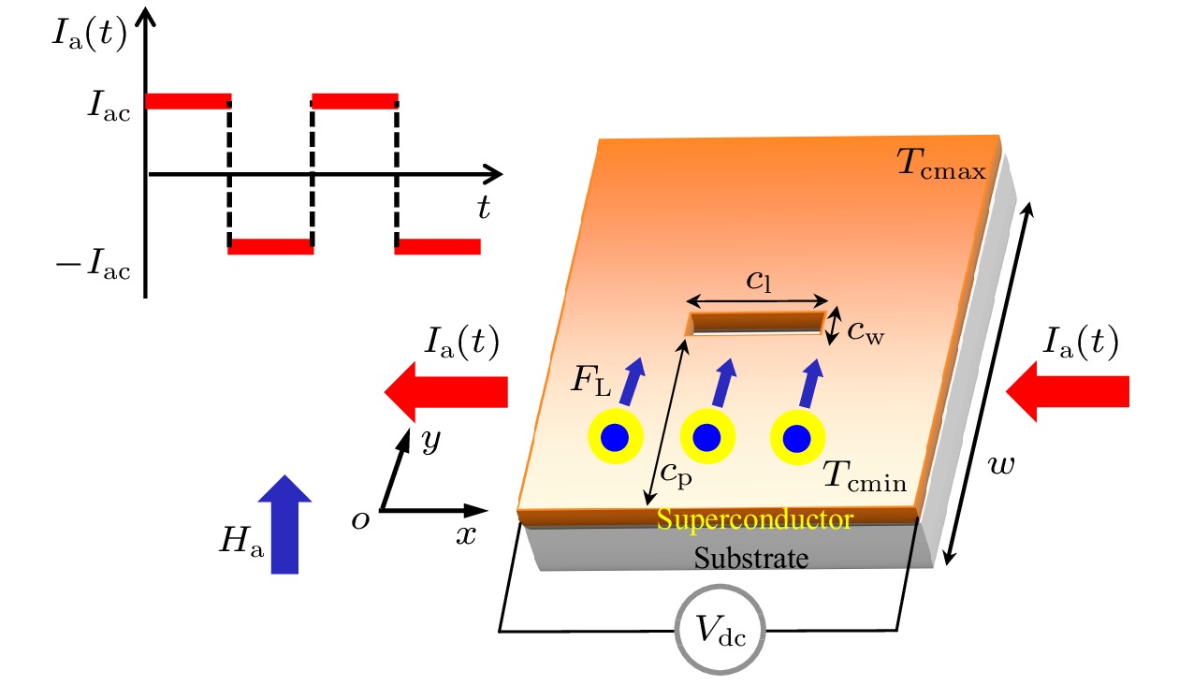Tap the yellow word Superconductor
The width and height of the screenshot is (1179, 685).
point(755,519)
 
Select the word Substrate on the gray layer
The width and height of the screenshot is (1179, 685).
point(751,558)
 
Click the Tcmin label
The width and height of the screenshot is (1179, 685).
point(865,475)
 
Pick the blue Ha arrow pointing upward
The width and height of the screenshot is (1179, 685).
point(284,524)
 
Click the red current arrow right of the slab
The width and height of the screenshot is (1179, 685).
point(1068,391)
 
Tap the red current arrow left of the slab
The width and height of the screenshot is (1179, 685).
point(445,392)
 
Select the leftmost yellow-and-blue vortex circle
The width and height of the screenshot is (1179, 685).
point(616,436)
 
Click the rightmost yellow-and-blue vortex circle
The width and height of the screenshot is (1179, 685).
point(797,438)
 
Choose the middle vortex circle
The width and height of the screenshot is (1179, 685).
point(706,437)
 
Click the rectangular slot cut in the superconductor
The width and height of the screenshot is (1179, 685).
point(755,323)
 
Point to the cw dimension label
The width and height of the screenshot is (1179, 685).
point(866,332)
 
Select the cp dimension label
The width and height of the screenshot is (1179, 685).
point(676,474)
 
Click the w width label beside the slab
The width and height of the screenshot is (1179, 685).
point(1000,465)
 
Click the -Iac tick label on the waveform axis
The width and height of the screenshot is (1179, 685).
point(93,264)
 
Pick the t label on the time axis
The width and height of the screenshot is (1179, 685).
point(484,207)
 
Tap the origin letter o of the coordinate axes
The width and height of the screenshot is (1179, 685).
point(360,520)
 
